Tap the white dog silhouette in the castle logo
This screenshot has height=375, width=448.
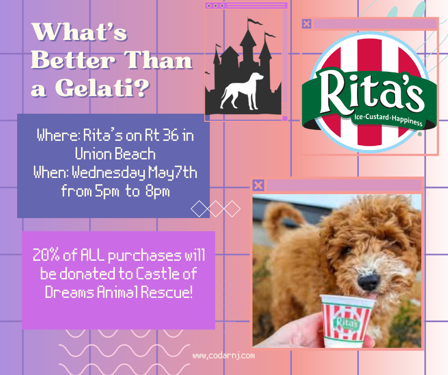242,91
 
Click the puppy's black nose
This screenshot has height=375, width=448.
368,281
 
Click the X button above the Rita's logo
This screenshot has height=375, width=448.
306,24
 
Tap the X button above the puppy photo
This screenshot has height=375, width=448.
258,185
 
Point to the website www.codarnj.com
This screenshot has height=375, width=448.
224,355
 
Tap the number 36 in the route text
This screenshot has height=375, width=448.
171,135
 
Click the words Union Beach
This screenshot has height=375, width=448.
115,154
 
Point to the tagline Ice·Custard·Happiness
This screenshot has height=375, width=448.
388,119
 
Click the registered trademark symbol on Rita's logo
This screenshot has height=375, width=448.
420,134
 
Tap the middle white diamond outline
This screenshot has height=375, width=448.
215,209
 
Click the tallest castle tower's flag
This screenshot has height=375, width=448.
255,21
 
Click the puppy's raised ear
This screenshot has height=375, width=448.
281,220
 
